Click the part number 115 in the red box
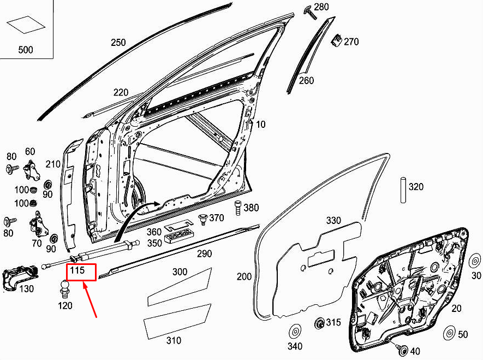[x=77, y=272]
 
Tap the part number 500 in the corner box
[x=26, y=50]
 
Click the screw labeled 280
[x=311, y=13]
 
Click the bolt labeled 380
[x=237, y=208]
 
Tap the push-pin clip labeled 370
[x=204, y=219]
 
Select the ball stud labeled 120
[x=65, y=288]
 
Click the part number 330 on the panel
[x=333, y=221]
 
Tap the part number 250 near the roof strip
[x=118, y=43]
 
